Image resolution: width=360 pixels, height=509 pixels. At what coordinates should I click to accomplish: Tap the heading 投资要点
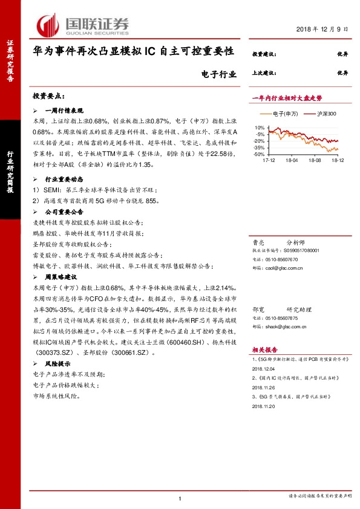tap(48, 96)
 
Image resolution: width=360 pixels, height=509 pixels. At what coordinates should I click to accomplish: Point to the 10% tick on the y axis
tap(259, 128)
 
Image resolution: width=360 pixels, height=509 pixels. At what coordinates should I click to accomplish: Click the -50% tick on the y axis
tap(258, 155)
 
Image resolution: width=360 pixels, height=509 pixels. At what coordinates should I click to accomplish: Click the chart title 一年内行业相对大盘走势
tap(287, 97)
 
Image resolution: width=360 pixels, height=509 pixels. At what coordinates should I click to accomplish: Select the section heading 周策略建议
tap(64, 276)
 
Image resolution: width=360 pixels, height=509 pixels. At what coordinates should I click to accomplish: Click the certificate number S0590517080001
tap(303, 250)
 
